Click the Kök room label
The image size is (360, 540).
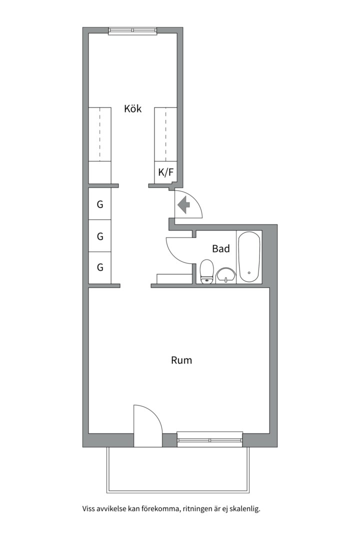pyautogui.click(x=132, y=109)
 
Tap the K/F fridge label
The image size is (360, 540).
pyautogui.click(x=165, y=172)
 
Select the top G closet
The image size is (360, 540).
pyautogui.click(x=100, y=204)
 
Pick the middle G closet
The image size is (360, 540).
pyautogui.click(x=100, y=236)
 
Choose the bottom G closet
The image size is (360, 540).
pyautogui.click(x=100, y=267)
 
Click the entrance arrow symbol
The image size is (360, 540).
pyautogui.click(x=183, y=204)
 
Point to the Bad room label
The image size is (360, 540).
pyautogui.click(x=221, y=248)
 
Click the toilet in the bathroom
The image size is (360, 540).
pyautogui.click(x=206, y=271)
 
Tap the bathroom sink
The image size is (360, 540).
pyautogui.click(x=226, y=275)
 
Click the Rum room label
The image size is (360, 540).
pyautogui.click(x=181, y=360)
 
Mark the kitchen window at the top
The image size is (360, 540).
pyautogui.click(x=132, y=31)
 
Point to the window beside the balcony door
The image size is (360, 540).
pyautogui.click(x=209, y=439)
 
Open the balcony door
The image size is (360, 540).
pyautogui.click(x=147, y=426)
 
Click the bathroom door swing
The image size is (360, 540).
pyautogui.click(x=179, y=249)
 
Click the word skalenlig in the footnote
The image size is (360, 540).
pyautogui.click(x=246, y=508)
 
